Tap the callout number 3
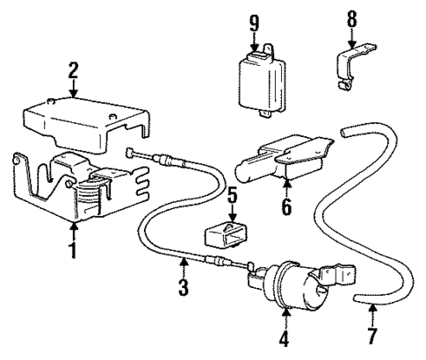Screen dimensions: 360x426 (x=183, y=287)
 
